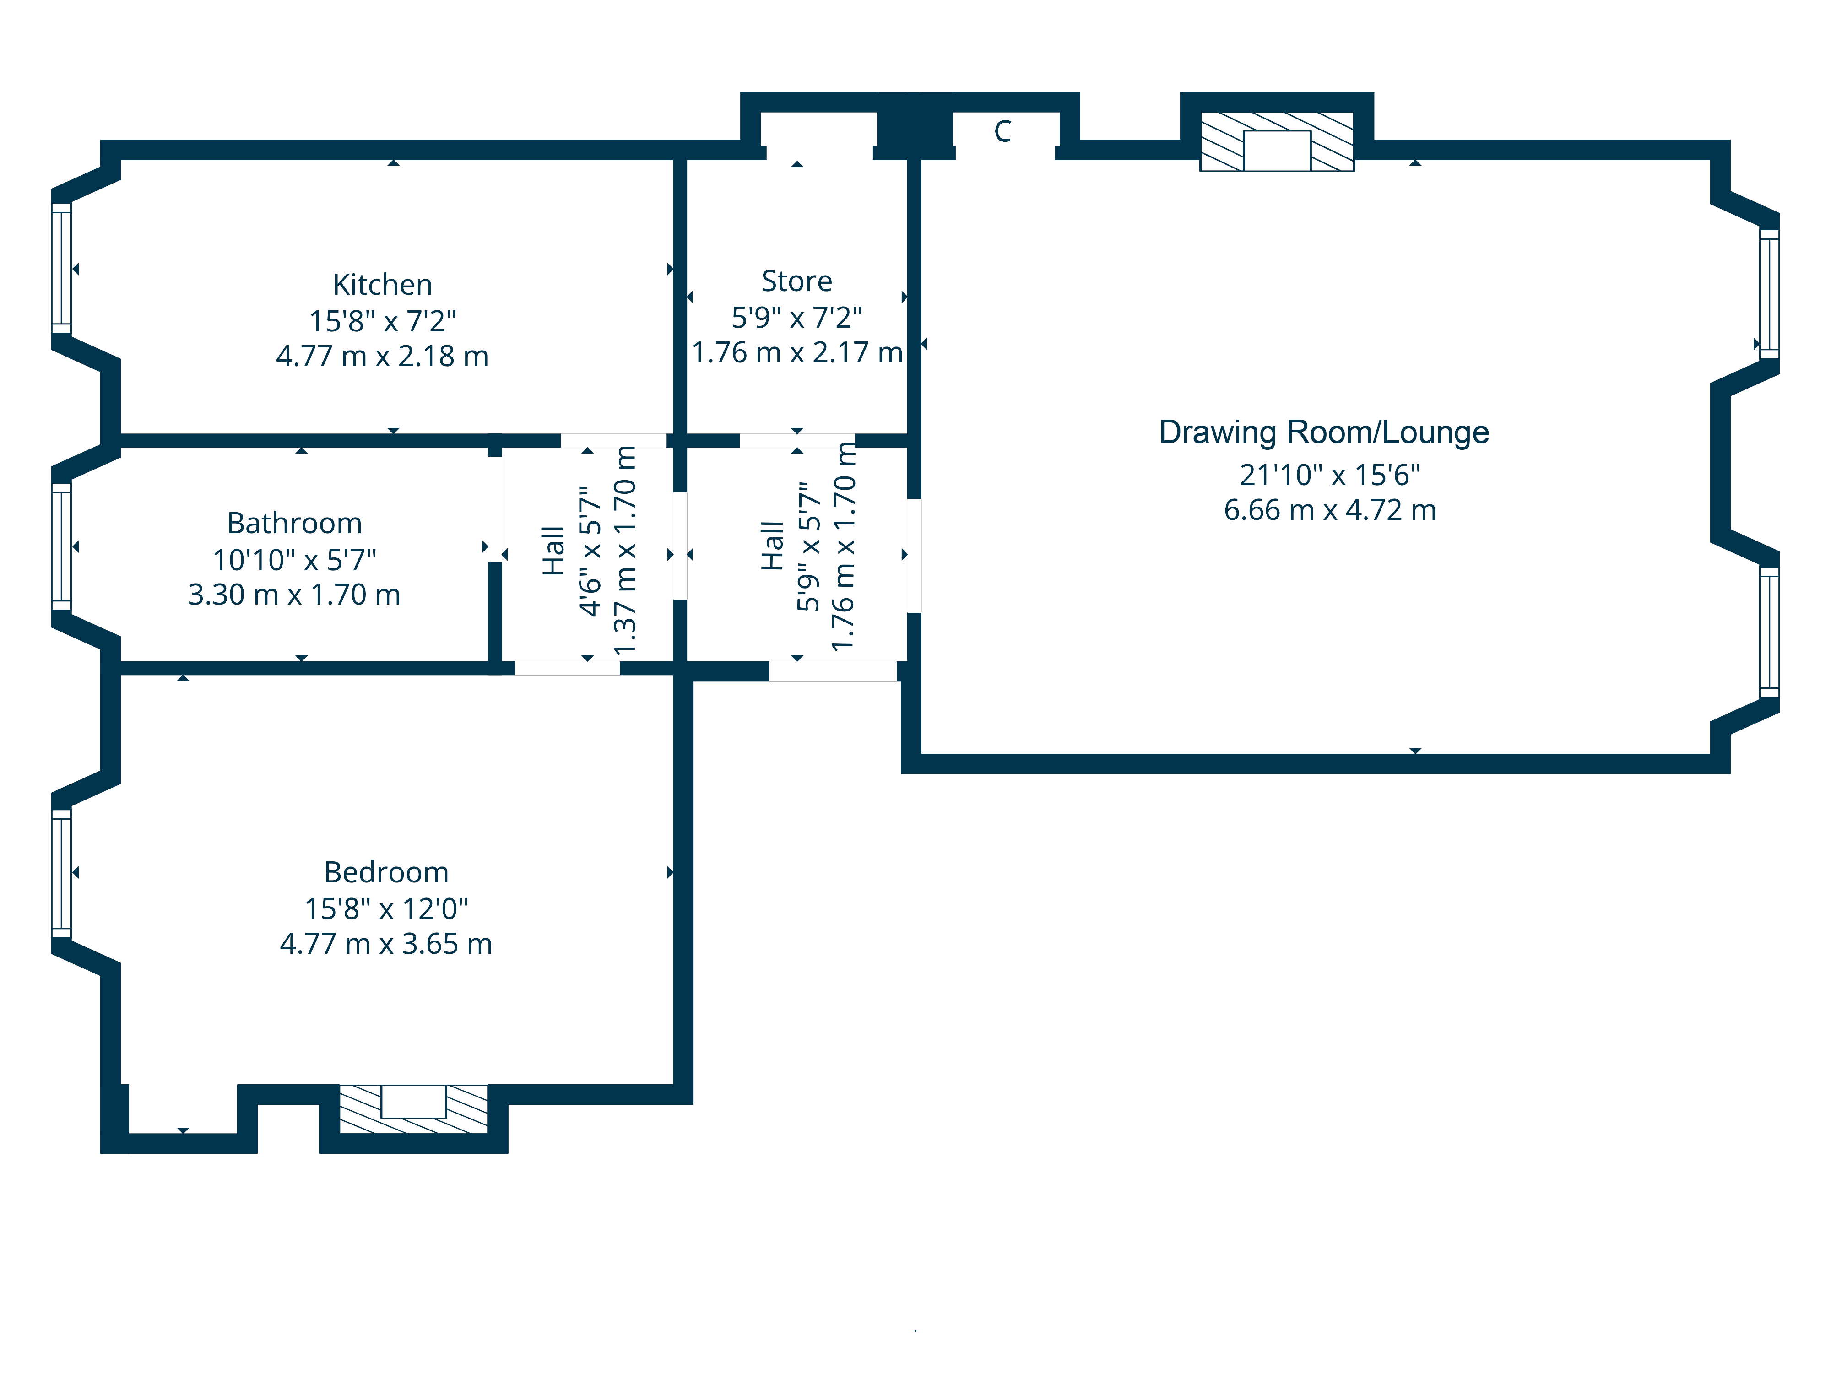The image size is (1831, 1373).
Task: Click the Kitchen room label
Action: [382, 285]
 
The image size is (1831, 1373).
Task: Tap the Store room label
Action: [796, 281]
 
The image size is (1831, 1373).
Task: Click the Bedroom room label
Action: [386, 872]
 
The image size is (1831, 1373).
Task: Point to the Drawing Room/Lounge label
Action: [1324, 433]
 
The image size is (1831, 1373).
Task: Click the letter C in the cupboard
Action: [1002, 131]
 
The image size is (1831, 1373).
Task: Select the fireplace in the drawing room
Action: [1277, 141]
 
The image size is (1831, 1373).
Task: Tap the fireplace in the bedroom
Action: [413, 1109]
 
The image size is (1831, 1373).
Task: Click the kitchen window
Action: [61, 268]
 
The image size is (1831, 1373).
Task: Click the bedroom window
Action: [61, 873]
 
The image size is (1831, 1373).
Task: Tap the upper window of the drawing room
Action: [1769, 294]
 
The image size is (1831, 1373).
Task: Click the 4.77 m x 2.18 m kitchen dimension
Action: [382, 357]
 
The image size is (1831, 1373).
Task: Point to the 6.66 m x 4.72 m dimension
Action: [1330, 510]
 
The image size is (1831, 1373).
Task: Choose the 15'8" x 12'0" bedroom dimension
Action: [386, 909]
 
